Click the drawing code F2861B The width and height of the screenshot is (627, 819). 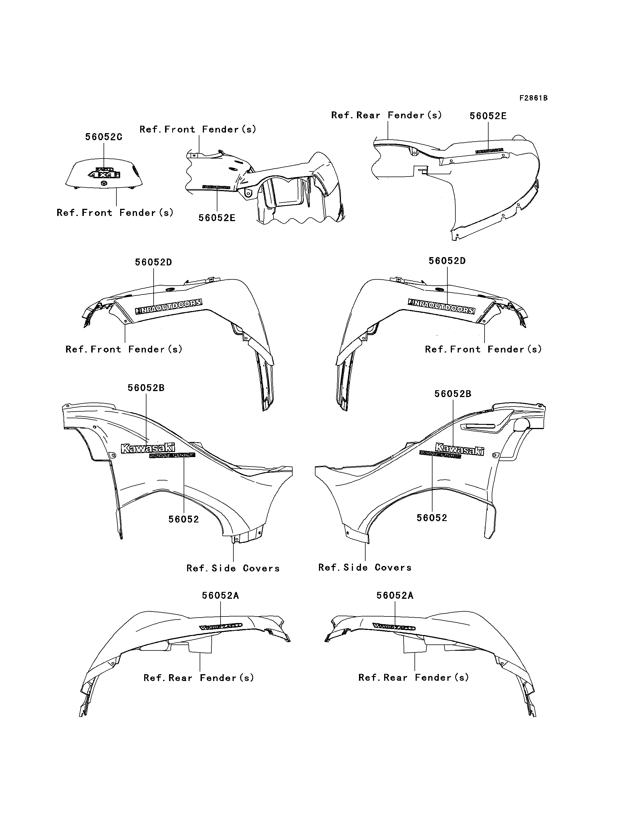tap(533, 98)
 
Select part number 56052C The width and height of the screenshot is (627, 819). tap(104, 137)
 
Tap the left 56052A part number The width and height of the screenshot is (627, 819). tap(220, 595)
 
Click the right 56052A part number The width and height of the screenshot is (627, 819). tap(394, 595)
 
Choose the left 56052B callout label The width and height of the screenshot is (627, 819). tap(146, 388)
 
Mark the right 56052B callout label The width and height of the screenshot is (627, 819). tap(453, 394)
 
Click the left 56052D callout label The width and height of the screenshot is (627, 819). tap(153, 262)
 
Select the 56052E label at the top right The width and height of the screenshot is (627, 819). tap(488, 116)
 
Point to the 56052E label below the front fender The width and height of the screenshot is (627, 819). tap(217, 218)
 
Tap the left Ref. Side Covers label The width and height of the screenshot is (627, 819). tap(233, 568)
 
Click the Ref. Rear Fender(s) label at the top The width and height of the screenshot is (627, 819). tap(386, 115)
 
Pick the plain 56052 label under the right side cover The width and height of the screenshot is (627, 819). tap(432, 518)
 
